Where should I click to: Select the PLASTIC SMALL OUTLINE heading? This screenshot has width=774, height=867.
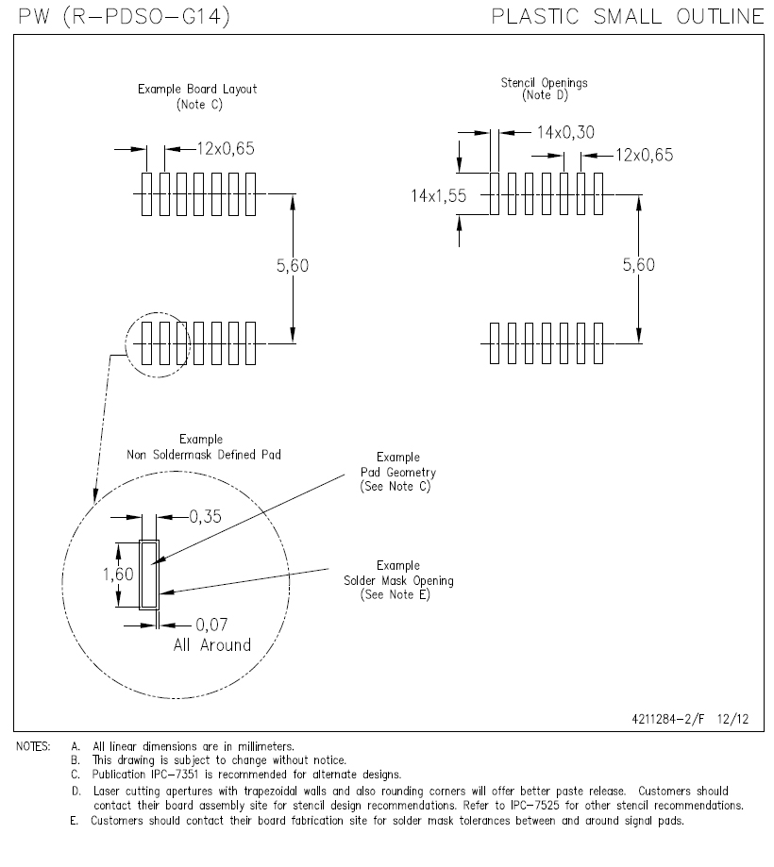pos(628,16)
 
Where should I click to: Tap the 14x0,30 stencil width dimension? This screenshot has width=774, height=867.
pos(565,133)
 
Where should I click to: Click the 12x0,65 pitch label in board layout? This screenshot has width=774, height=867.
pos(227,148)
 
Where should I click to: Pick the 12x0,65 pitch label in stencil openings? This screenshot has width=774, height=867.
pos(645,156)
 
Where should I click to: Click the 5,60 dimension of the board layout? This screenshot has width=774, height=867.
pos(293,266)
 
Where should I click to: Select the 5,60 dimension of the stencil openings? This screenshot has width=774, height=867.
pos(639,266)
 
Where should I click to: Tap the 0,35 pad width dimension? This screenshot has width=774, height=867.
pos(205,516)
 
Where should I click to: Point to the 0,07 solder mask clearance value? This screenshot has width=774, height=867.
pos(211,625)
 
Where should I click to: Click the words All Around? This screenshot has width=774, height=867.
pos(212,645)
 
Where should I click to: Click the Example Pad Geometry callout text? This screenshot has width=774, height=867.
pos(397,472)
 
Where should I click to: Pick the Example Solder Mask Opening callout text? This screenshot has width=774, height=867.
pos(397,580)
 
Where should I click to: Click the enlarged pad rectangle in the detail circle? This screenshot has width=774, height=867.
pos(149,575)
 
